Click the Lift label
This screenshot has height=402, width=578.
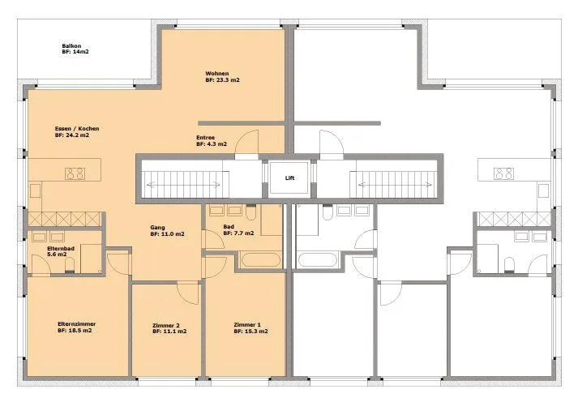289,178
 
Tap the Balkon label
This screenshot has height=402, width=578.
71,45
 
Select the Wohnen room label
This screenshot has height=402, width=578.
217,73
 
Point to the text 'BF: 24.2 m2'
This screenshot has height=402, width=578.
72,135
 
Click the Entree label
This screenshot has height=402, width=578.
205,138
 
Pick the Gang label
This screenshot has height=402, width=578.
157,228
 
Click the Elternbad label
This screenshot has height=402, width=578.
61,248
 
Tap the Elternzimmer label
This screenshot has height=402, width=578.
77,324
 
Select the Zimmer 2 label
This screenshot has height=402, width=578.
166,325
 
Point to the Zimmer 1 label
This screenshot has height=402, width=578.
247,325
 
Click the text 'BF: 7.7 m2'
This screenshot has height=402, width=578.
238,233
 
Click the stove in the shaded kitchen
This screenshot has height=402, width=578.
75,173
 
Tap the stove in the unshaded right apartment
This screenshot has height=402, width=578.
503,173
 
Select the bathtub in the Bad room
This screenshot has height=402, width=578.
260,260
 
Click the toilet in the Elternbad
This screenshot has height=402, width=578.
70,265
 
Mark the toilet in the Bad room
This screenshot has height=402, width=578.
250,212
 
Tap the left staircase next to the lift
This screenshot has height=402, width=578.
183,184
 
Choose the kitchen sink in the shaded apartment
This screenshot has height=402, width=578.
35,191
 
